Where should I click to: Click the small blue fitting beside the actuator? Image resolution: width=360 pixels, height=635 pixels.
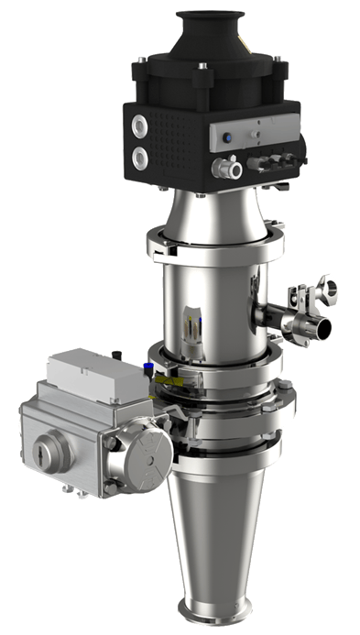(x=146, y=368)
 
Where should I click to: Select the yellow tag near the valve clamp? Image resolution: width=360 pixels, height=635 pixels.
(x=166, y=378)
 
